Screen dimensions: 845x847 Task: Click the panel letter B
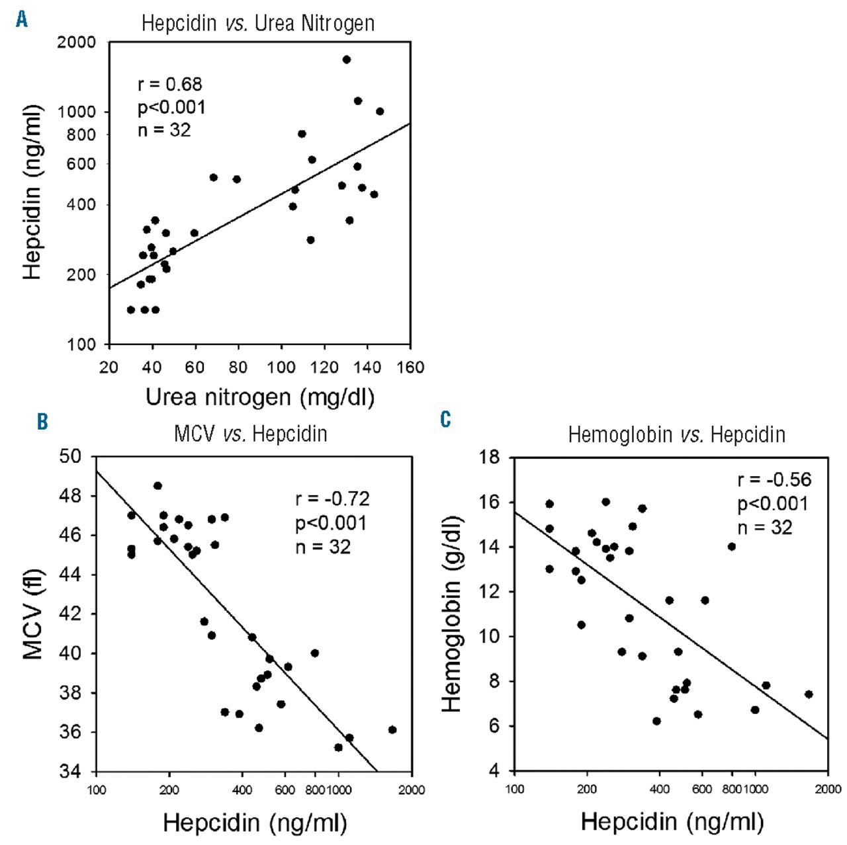click(x=42, y=421)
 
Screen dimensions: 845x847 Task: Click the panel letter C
click(x=445, y=419)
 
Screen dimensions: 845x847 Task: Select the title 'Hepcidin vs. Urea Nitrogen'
click(x=258, y=24)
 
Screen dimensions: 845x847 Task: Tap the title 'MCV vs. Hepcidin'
click(x=250, y=434)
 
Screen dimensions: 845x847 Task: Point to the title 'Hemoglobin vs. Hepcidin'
click(x=676, y=435)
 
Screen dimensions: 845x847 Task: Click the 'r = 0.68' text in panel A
click(x=169, y=85)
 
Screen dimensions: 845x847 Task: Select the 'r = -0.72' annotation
click(x=332, y=499)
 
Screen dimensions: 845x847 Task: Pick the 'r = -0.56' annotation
click(x=774, y=480)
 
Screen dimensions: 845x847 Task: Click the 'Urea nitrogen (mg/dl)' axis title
click(x=259, y=397)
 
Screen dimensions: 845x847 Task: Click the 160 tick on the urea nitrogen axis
click(x=410, y=368)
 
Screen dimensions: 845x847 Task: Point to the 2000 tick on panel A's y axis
click(x=76, y=42)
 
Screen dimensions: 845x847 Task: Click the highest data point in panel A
click(x=346, y=60)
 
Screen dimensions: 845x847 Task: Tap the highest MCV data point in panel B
click(x=157, y=486)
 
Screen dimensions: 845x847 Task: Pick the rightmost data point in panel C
click(x=808, y=694)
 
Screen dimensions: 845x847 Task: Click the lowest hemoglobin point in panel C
click(x=656, y=721)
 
